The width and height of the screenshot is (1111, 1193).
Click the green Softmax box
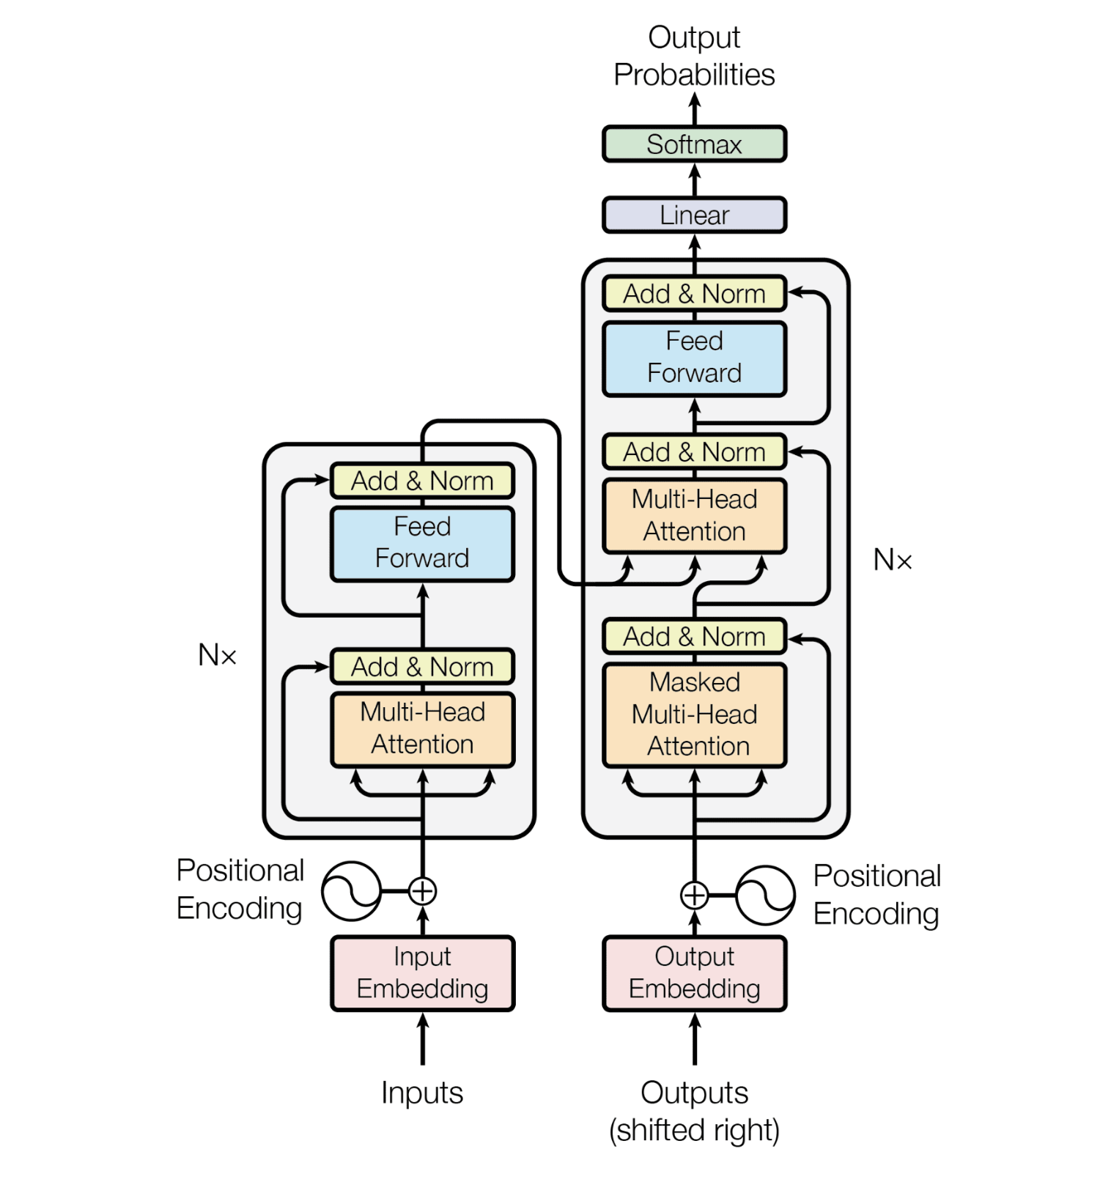coord(694,144)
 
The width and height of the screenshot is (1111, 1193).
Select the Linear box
coord(694,215)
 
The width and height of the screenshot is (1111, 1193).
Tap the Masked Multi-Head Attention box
coord(694,714)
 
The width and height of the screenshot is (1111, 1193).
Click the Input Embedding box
coord(422,973)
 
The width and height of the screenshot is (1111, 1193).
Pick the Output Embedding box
coord(694,973)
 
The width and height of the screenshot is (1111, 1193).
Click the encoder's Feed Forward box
coord(422,543)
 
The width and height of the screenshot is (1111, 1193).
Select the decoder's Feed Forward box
coord(694,358)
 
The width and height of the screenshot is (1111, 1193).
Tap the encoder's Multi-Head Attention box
coord(422,729)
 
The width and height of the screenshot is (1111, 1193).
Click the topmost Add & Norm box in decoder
coord(694,294)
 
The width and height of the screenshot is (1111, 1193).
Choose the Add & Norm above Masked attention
coord(694,637)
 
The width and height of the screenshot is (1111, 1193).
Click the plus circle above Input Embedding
coord(422,892)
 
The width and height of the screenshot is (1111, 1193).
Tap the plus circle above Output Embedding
coord(694,895)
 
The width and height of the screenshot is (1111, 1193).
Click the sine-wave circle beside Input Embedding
coord(352,892)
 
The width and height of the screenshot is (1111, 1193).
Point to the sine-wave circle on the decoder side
coord(765,895)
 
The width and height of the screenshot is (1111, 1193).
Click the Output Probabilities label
coord(694,56)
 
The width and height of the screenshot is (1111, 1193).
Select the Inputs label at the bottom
coord(422,1093)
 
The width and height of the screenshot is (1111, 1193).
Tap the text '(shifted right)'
coord(694,1130)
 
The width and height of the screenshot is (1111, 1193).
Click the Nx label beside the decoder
coord(893,560)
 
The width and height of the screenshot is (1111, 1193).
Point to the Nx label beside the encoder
coord(217,654)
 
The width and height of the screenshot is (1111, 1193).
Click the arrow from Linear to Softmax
coord(694,180)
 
